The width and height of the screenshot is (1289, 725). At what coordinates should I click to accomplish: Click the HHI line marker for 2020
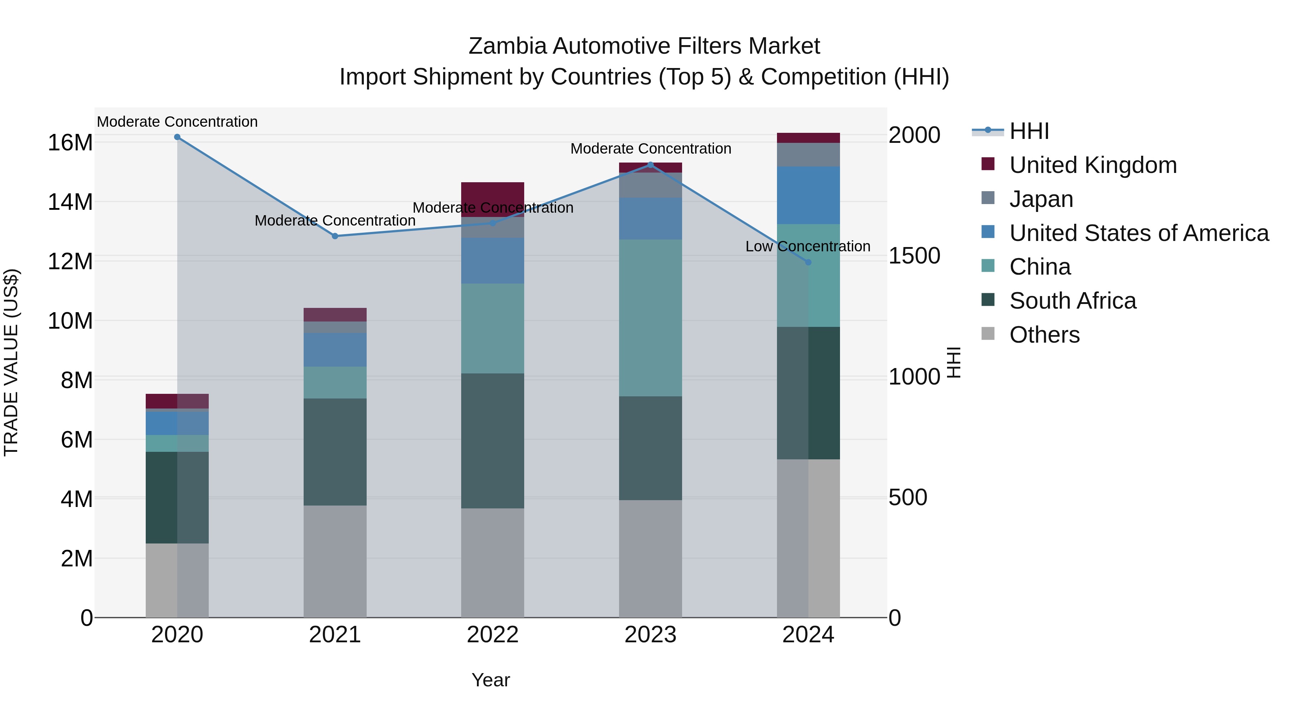(x=177, y=137)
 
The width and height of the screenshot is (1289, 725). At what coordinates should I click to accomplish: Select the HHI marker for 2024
(x=808, y=262)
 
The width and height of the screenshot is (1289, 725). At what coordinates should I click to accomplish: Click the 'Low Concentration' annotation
(x=808, y=247)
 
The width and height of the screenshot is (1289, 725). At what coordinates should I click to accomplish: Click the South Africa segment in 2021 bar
(x=335, y=451)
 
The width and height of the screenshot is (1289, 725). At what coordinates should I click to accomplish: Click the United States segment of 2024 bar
(x=808, y=195)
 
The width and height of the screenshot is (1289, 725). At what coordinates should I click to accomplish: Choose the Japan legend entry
(x=1041, y=199)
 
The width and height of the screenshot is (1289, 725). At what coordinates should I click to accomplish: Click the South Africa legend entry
(x=1072, y=301)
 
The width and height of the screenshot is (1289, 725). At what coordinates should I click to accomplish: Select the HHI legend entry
(x=1029, y=131)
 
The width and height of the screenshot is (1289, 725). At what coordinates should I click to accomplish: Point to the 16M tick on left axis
(x=70, y=142)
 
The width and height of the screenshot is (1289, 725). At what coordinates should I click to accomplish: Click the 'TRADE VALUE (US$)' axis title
(x=11, y=362)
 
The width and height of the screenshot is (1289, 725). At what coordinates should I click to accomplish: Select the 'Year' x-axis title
(x=491, y=680)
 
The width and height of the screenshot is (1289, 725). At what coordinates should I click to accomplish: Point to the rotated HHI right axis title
(x=954, y=362)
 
